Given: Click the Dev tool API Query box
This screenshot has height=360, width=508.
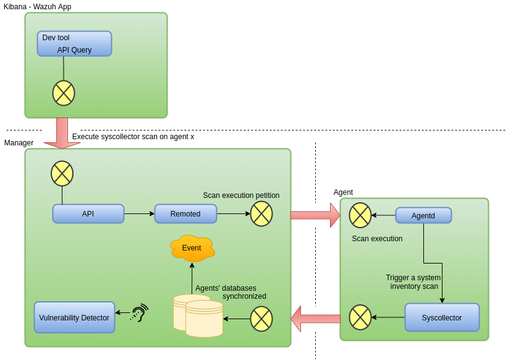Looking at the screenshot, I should tap(74, 44).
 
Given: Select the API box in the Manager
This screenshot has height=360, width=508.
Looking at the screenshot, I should tap(88, 214).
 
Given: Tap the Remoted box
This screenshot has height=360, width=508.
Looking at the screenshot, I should tap(185, 214).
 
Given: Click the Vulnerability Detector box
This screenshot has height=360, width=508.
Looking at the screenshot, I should tap(74, 318).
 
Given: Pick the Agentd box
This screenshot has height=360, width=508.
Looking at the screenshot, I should tap(423, 215).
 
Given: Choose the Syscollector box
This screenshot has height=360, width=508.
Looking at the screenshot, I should tap(442, 317).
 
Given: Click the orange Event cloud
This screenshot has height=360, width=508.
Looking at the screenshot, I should tap(192, 248).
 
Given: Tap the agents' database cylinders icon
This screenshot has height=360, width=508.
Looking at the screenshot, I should tap(198, 315).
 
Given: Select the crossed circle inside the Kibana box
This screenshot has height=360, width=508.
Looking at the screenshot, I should tap(64, 93).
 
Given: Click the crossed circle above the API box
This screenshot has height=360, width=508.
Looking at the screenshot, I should tap(62, 174).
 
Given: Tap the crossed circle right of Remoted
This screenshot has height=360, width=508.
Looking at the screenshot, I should tap(261, 214).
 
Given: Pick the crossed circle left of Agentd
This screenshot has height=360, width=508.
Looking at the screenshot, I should tap(360, 215).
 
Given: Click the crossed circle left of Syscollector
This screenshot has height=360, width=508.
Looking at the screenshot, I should tap(360, 317).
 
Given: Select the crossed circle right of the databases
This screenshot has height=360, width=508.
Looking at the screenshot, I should tap(261, 319).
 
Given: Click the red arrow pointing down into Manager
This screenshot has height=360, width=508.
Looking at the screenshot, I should tap(62, 134).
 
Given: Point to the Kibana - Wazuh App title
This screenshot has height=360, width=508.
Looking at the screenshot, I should tap(38, 7).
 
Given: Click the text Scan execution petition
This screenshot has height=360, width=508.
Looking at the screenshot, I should tap(241, 195).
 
